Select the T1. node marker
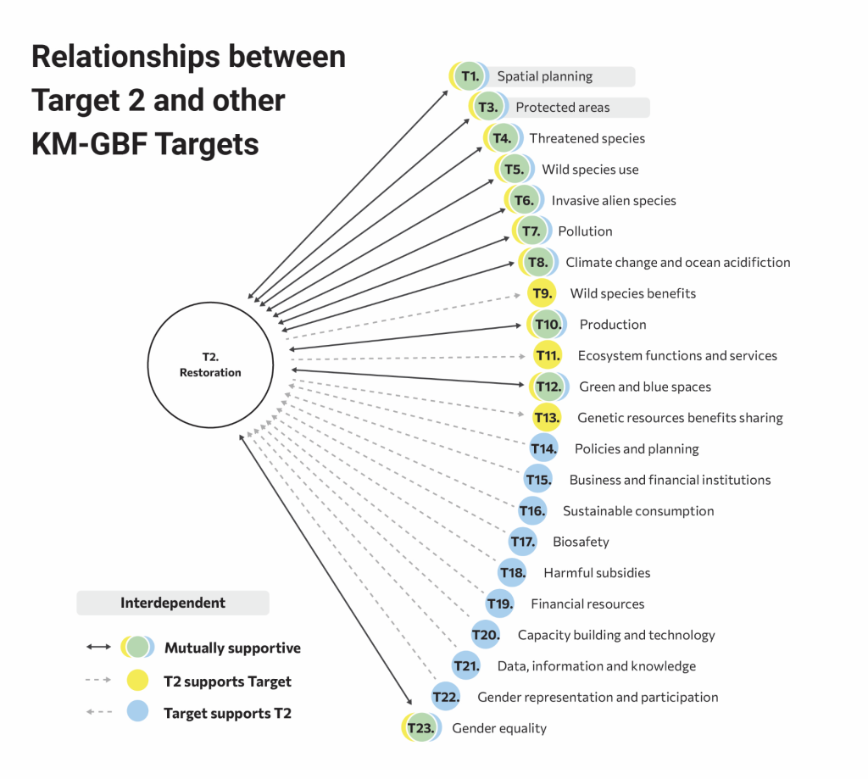coord(468,76)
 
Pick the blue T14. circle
coord(543,448)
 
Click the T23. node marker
coord(420,728)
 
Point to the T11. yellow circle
coord(548,355)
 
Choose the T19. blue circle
coord(500,604)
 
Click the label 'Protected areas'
coord(563,108)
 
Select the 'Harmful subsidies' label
coord(597,573)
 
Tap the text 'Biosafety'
coord(581,542)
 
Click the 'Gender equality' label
coord(499,728)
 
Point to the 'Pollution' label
coord(585,231)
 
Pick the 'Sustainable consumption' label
coord(638,511)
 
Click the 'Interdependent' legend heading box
coord(173,604)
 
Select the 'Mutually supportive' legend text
coord(232,648)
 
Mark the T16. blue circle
coord(532,511)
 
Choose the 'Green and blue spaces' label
coord(645,387)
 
